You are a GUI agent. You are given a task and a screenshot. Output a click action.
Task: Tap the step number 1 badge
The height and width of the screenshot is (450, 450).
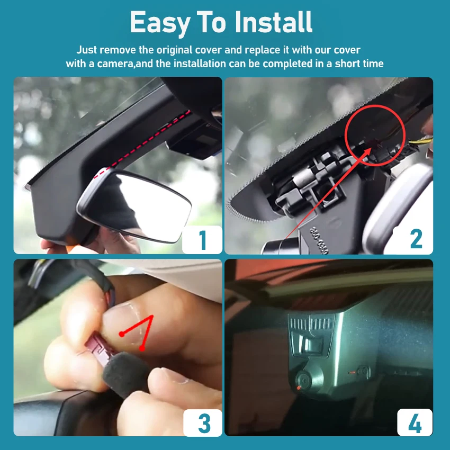202,240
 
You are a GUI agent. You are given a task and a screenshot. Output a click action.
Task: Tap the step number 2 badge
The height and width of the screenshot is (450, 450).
416,240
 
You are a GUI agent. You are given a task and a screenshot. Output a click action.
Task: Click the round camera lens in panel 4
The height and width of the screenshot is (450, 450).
303,380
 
